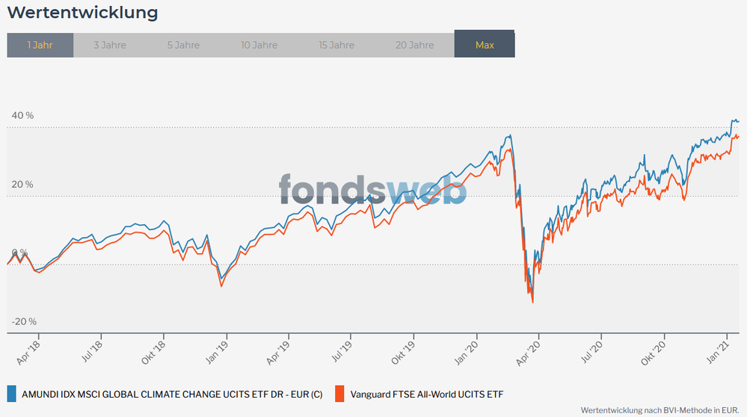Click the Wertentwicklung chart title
tap(82, 13)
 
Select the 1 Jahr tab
tap(40, 45)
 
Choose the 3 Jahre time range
tap(110, 45)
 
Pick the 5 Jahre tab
tap(183, 45)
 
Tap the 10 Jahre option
tap(259, 45)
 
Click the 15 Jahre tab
tap(336, 45)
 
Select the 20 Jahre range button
tap(414, 45)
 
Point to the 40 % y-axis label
tap(22, 116)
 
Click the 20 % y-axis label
tap(22, 185)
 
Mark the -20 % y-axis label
tap(23, 321)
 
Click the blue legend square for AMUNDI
tap(11, 394)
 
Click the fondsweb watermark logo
tap(372, 189)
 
